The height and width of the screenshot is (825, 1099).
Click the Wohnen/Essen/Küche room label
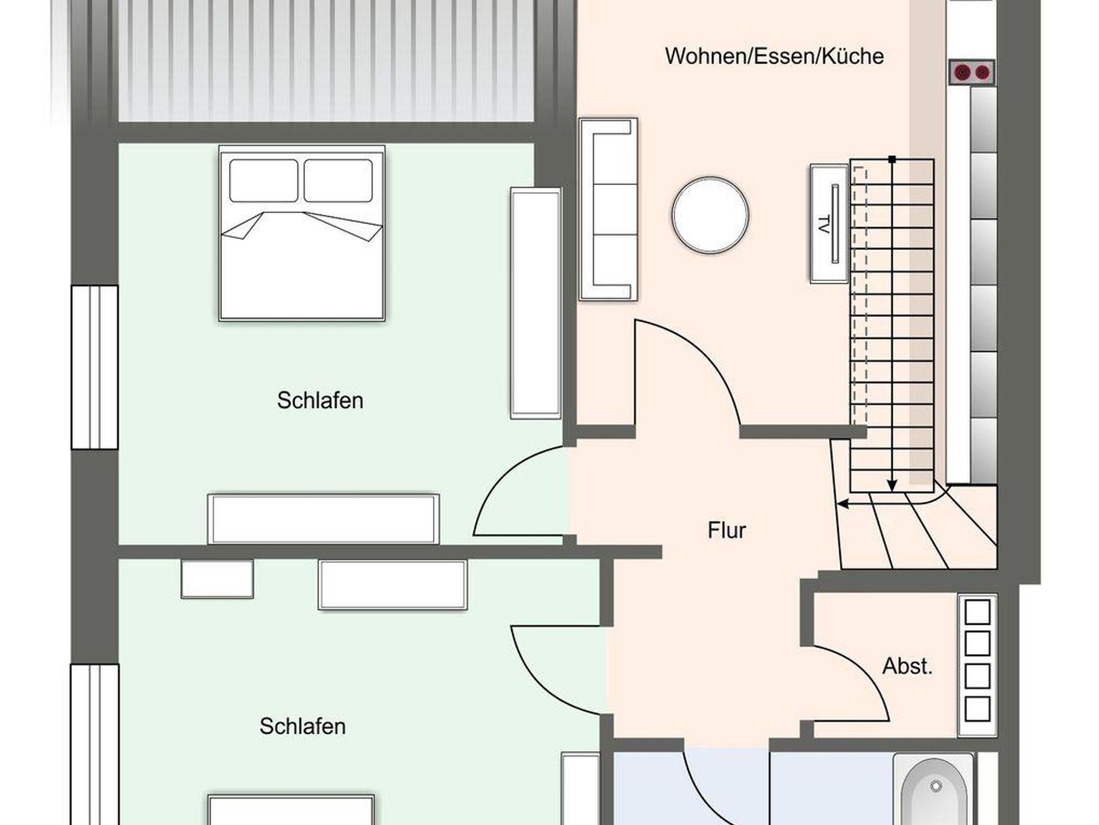pyautogui.click(x=774, y=56)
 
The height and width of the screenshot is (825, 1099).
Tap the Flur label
pyautogui.click(x=727, y=531)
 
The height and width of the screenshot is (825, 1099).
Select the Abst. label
pyautogui.click(x=907, y=666)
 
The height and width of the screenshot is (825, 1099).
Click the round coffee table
pyautogui.click(x=710, y=215)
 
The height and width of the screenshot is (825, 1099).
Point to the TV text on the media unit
pyautogui.click(x=823, y=224)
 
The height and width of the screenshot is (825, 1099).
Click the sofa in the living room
pyautogui.click(x=608, y=209)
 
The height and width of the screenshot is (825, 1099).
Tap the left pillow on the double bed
pyautogui.click(x=263, y=181)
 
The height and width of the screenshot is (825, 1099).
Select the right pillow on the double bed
pyautogui.click(x=338, y=181)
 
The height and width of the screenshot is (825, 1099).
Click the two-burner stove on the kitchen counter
pyautogui.click(x=972, y=72)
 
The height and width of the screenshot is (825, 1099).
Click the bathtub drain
pyautogui.click(x=936, y=786)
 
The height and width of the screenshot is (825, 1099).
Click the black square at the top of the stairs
pyautogui.click(x=892, y=159)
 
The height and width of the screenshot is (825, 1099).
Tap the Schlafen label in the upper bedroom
pyautogui.click(x=320, y=401)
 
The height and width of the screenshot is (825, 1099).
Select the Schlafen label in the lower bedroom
pyautogui.click(x=303, y=727)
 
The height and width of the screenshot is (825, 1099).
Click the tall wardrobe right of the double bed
pyautogui.click(x=536, y=303)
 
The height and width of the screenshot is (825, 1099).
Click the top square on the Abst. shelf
pyautogui.click(x=977, y=612)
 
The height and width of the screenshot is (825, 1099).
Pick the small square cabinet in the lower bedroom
pyautogui.click(x=217, y=579)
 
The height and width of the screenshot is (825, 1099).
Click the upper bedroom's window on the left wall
pyautogui.click(x=94, y=367)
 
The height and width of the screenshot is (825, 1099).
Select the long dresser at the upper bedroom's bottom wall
pyautogui.click(x=324, y=519)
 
